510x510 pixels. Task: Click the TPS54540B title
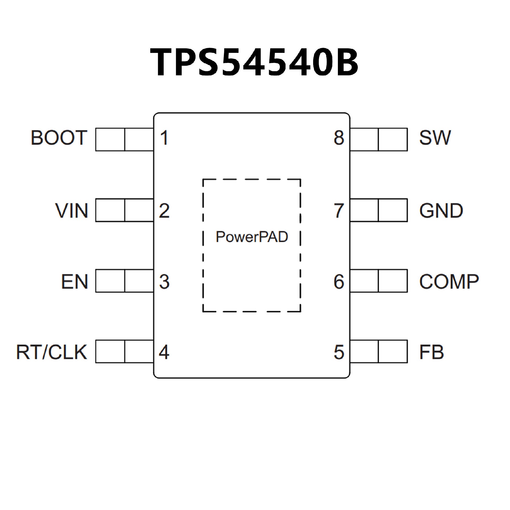click(254, 63)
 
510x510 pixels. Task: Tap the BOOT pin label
click(59, 138)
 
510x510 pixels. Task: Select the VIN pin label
click(71, 211)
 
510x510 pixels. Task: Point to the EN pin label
click(75, 282)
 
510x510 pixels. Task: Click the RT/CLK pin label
click(52, 352)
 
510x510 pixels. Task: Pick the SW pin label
click(435, 138)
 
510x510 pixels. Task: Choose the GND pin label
click(441, 211)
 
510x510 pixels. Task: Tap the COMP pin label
click(449, 282)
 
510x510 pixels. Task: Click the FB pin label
click(432, 352)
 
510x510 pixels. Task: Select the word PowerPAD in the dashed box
click(252, 237)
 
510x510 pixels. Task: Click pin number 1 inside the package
click(164, 138)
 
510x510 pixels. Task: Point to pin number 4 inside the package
click(164, 352)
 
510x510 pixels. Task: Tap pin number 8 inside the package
click(339, 138)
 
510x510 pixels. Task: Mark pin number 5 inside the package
click(339, 352)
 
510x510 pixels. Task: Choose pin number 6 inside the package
click(339, 282)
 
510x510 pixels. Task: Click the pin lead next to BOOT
click(124, 139)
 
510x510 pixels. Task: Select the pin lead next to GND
click(379, 210)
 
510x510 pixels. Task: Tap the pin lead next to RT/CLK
click(124, 351)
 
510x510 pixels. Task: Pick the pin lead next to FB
click(379, 351)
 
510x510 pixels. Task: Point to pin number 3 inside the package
click(164, 282)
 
